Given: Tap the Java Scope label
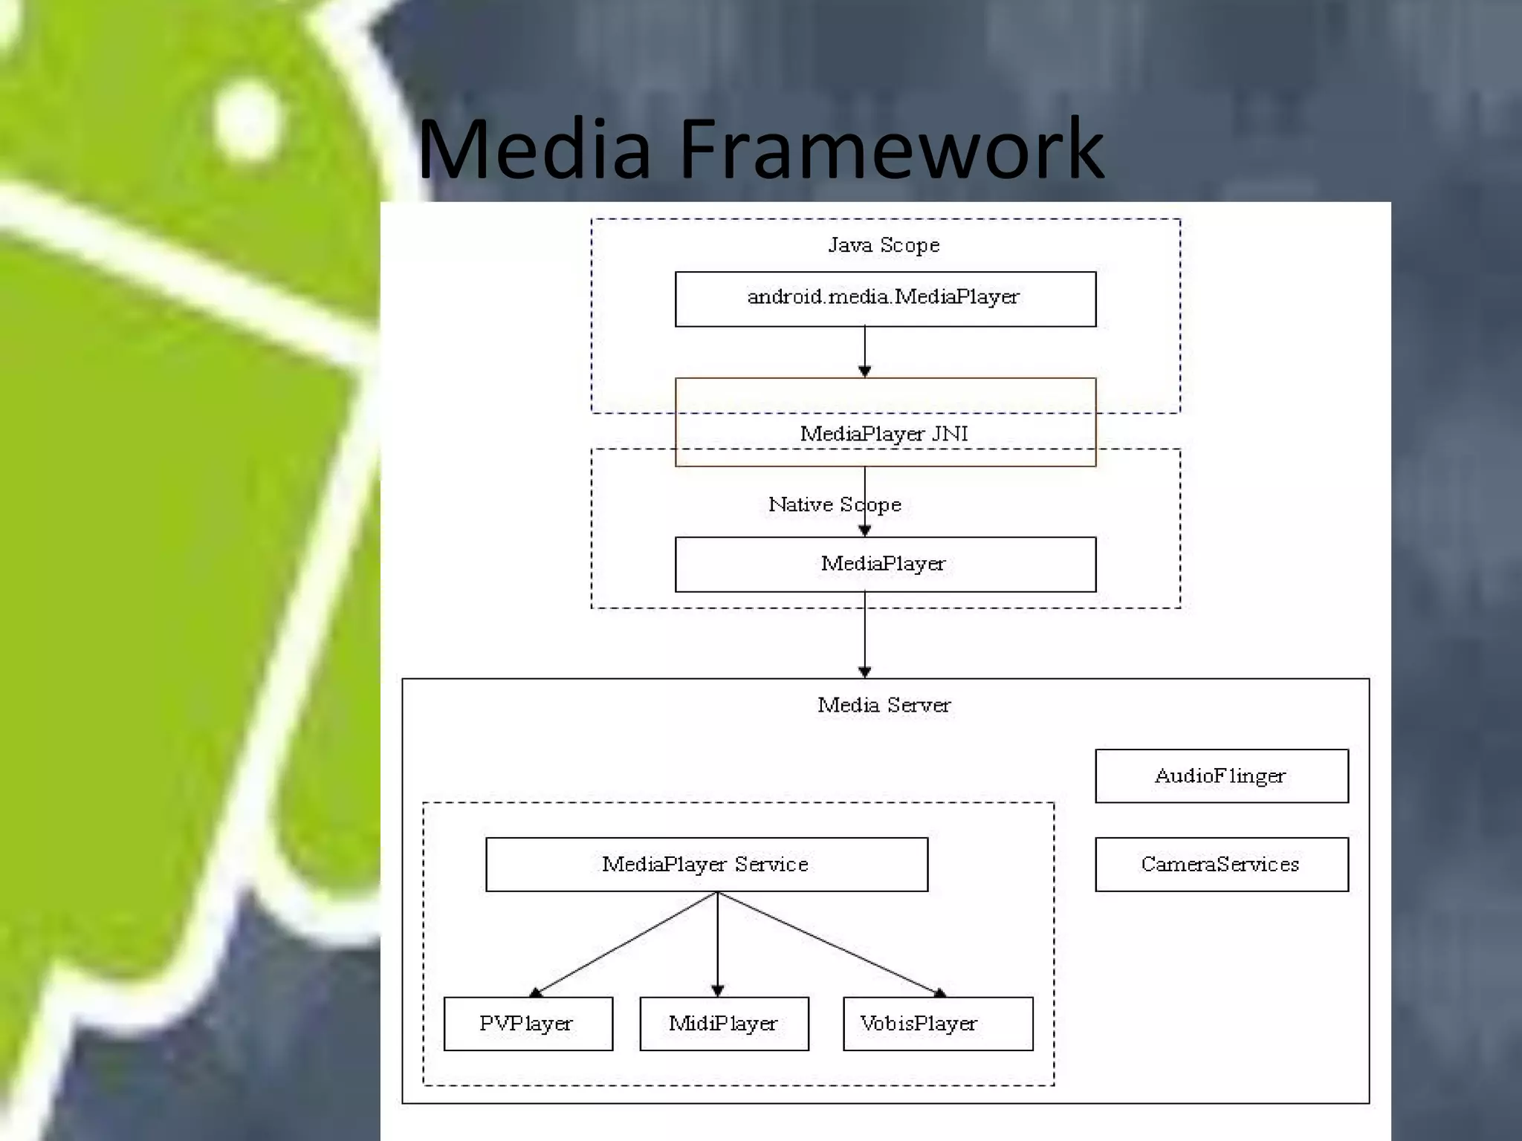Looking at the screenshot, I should pyautogui.click(x=884, y=245).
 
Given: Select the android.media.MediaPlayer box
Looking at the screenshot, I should pyautogui.click(x=884, y=299).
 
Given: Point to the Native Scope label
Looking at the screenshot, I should pyautogui.click(x=834, y=505).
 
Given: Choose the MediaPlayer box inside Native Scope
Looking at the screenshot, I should pyautogui.click(x=884, y=565).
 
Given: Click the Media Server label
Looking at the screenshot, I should pyautogui.click(x=884, y=705).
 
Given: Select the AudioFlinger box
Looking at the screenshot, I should pyautogui.click(x=1221, y=776).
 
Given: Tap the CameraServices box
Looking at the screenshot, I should pyautogui.click(x=1221, y=864).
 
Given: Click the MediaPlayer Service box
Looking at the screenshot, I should pyautogui.click(x=706, y=864).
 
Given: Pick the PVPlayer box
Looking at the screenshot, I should pyautogui.click(x=528, y=1024).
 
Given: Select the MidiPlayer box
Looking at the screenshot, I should pyautogui.click(x=724, y=1024).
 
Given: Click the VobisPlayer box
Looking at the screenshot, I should pyautogui.click(x=937, y=1024).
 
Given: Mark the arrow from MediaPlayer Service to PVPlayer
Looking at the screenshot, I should pyautogui.click(x=624, y=943).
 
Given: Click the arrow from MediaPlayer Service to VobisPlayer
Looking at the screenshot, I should pyautogui.click(x=829, y=943).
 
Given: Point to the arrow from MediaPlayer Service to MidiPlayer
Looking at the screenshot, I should pyautogui.click(x=717, y=943).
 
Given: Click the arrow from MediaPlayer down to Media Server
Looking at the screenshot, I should pyautogui.click(x=864, y=635).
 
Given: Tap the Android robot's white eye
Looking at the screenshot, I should pyautogui.click(x=247, y=119).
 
